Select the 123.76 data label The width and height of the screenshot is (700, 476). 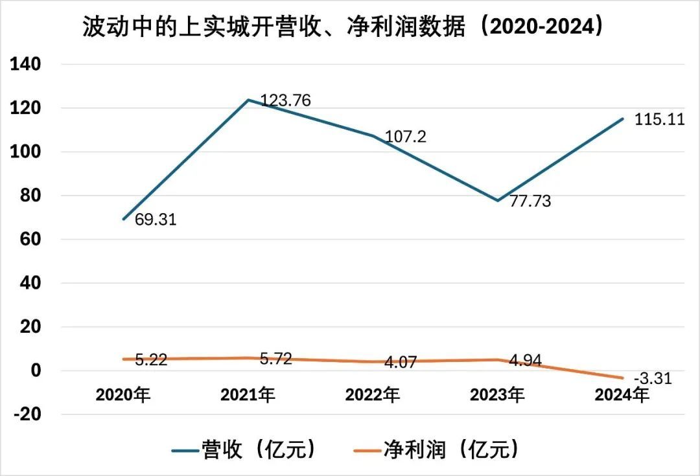coord(285,100)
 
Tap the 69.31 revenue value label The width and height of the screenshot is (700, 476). coord(156,220)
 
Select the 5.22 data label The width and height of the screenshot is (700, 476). coord(151,360)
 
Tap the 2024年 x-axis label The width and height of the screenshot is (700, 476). coord(622,394)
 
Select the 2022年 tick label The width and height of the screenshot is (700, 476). coord(373,394)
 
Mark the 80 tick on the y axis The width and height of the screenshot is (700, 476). coord(30,196)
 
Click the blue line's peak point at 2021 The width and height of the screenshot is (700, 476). coord(248,100)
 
